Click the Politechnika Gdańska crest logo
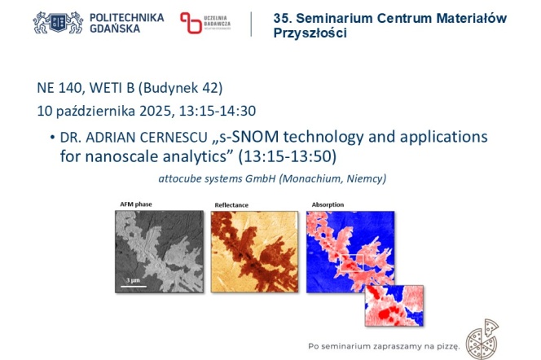point(58,22)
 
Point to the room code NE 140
point(61,88)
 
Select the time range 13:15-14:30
point(226,110)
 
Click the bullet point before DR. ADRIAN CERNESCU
point(51,136)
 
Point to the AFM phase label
point(137,204)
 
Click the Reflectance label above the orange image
point(231,204)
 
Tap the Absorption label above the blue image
point(328,204)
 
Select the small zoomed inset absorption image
point(395,303)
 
